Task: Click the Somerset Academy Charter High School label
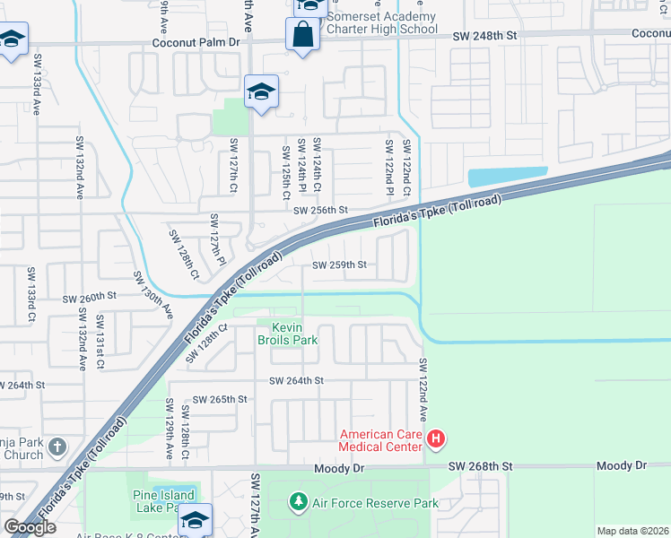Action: [x=381, y=22]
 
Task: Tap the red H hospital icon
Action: [x=435, y=439]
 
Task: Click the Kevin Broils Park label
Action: [x=287, y=334]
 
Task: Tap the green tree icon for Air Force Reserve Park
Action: [x=298, y=503]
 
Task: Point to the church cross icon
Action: [x=57, y=447]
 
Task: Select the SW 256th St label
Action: [x=320, y=210]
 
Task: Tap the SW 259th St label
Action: [x=339, y=265]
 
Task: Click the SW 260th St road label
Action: [x=90, y=295]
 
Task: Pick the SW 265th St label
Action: [x=219, y=399]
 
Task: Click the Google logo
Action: [x=30, y=526]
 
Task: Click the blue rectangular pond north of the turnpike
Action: [x=508, y=177]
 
